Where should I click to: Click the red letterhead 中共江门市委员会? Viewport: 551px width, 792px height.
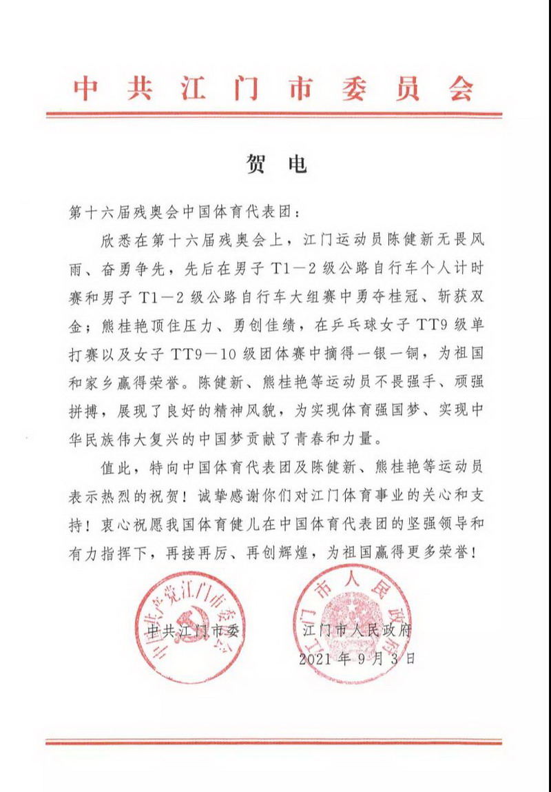pos(274,88)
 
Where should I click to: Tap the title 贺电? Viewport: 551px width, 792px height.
pos(275,165)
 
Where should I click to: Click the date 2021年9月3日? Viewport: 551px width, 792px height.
pos(357,658)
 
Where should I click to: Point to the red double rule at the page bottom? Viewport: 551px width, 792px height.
pos(274,742)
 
